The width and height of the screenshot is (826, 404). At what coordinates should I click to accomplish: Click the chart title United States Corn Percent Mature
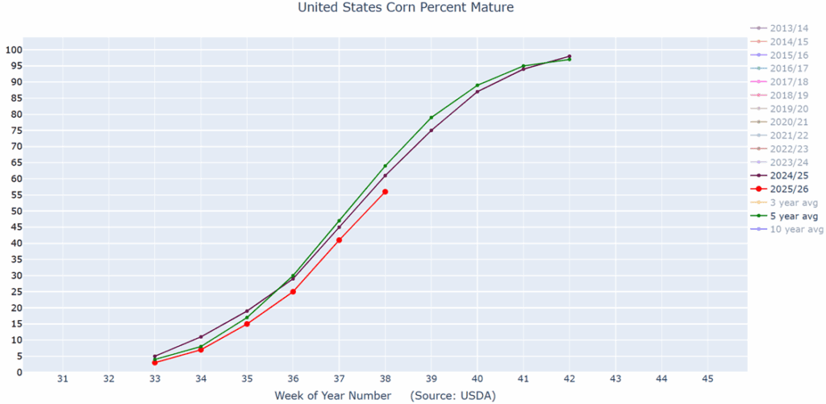(406, 8)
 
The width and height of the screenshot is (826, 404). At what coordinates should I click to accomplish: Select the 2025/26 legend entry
(788, 189)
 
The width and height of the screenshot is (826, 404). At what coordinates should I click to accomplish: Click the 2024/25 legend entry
(788, 175)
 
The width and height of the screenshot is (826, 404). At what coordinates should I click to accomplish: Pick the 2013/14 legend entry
(788, 28)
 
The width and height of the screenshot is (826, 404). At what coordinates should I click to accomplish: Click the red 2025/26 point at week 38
(386, 192)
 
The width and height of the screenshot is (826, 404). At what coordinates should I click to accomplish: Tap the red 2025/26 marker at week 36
(293, 292)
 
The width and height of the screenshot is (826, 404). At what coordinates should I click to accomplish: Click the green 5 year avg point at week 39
(432, 118)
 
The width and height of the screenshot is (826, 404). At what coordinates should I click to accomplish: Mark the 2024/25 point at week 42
(569, 56)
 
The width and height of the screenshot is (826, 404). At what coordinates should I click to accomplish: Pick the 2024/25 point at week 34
(201, 337)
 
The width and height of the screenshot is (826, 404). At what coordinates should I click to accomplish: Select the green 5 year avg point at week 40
(478, 85)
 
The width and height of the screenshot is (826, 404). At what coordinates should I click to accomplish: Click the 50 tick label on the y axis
(15, 211)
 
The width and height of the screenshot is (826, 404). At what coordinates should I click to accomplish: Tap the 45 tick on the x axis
(707, 379)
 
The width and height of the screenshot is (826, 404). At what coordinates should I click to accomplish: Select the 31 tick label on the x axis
(63, 379)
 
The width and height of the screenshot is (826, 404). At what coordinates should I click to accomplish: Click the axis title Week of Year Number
(332, 396)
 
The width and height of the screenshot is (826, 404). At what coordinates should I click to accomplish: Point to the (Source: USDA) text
(453, 396)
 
